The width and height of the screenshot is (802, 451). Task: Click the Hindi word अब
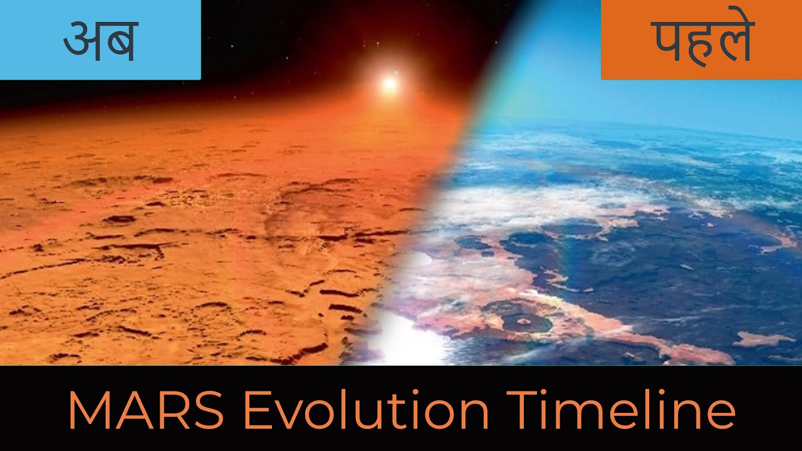tap(100, 41)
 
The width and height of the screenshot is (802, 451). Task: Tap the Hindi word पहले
tap(700, 41)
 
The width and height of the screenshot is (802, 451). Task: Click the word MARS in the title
tap(145, 411)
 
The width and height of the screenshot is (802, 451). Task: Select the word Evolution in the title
tap(365, 411)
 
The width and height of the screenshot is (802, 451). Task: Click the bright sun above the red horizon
tap(390, 83)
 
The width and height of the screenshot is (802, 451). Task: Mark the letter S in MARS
tap(206, 412)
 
